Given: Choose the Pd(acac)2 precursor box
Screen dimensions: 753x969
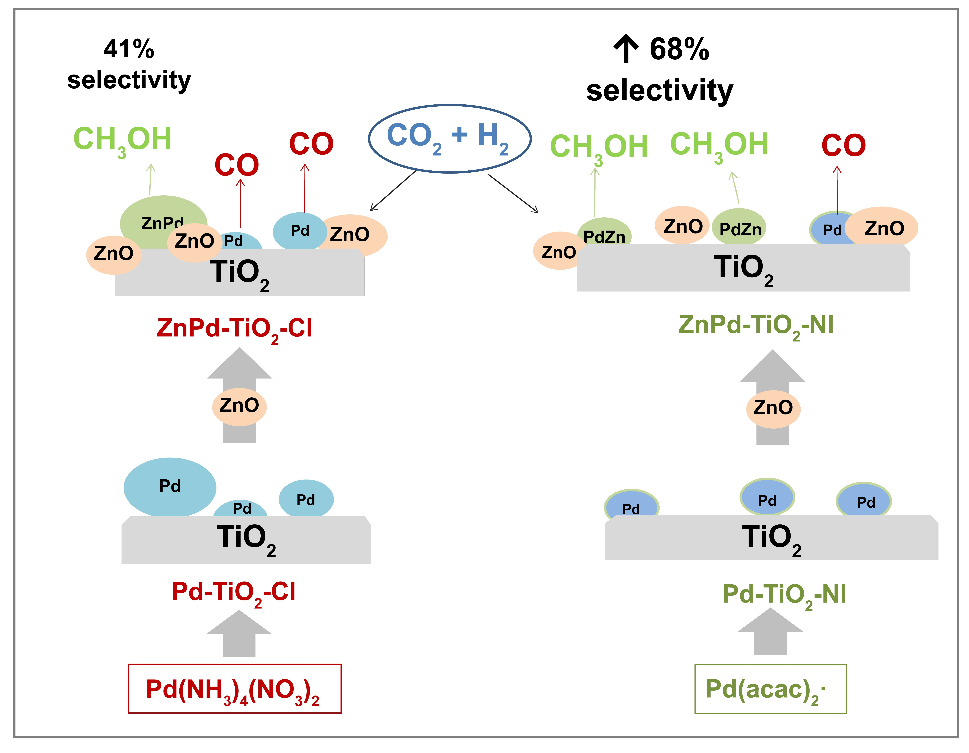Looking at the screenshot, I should (770, 689).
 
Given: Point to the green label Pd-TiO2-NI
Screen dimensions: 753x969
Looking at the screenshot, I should (784, 595).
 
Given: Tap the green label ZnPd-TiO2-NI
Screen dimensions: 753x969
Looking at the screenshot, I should (756, 325).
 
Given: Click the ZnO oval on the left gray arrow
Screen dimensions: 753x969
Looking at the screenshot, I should (239, 406).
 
